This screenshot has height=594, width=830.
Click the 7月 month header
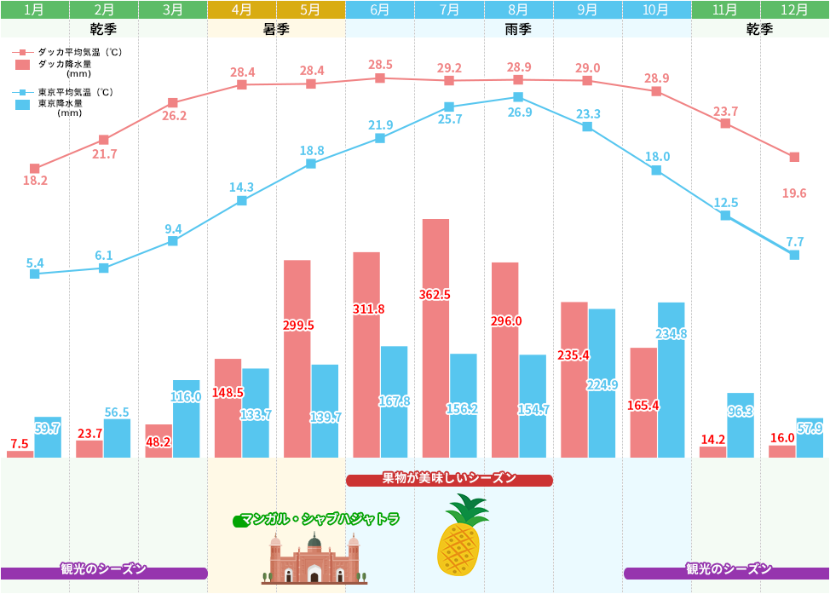click(x=449, y=9)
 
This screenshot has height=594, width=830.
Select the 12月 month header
click(x=794, y=9)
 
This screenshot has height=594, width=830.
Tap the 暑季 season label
click(x=276, y=28)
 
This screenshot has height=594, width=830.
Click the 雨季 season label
click(x=518, y=28)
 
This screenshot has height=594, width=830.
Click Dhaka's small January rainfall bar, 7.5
click(x=20, y=454)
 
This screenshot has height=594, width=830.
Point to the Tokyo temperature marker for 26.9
click(x=518, y=97)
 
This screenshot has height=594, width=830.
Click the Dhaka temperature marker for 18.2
click(x=34, y=169)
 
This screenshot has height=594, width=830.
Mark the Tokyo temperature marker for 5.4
click(x=34, y=274)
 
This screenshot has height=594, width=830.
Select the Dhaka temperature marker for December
click(x=794, y=158)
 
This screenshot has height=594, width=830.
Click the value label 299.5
click(x=298, y=325)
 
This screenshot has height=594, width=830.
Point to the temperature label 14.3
click(x=242, y=187)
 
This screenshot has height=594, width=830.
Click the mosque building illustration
click(x=314, y=561)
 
